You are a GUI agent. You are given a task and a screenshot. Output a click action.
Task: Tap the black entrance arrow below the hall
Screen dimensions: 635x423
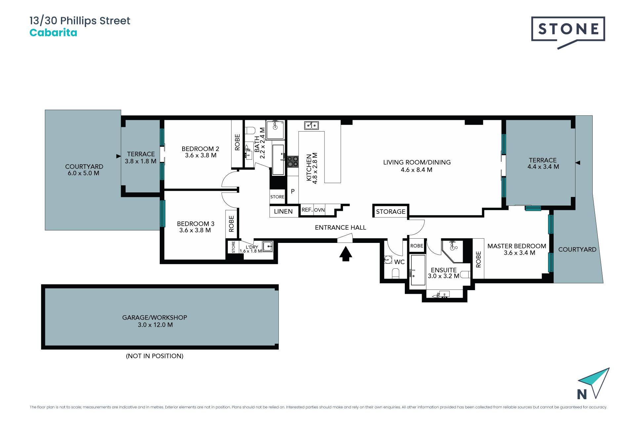[346, 254]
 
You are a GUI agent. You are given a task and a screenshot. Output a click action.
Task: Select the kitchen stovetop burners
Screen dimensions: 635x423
[293, 162]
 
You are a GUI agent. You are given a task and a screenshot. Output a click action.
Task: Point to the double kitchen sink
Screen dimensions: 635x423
[311, 126]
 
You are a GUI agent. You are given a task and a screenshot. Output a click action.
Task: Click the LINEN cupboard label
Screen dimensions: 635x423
[283, 211]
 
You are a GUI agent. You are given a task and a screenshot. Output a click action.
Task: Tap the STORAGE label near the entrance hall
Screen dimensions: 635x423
[391, 211]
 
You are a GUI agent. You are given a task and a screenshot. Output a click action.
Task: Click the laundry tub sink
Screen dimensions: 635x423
[268, 246]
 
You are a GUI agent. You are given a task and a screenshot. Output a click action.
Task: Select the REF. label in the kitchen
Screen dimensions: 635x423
[307, 210]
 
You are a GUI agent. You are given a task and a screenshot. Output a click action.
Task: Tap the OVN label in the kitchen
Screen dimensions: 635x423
[319, 210]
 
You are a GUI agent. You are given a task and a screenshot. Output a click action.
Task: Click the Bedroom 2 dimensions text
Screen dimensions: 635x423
[201, 155]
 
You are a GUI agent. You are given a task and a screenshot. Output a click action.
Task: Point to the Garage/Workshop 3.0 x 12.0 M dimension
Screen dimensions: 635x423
[155, 325]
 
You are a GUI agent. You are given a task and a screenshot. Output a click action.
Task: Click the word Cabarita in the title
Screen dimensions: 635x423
[53, 33]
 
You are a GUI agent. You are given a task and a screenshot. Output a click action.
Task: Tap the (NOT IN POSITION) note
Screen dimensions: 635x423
[154, 356]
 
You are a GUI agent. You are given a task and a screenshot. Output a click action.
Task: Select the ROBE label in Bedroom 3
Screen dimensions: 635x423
[232, 224]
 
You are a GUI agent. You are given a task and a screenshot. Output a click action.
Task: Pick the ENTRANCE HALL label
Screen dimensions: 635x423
[340, 228]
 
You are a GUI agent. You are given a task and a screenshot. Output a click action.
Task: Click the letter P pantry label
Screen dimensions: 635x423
[293, 191]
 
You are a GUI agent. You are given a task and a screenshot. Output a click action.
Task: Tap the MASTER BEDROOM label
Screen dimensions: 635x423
[517, 246]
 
